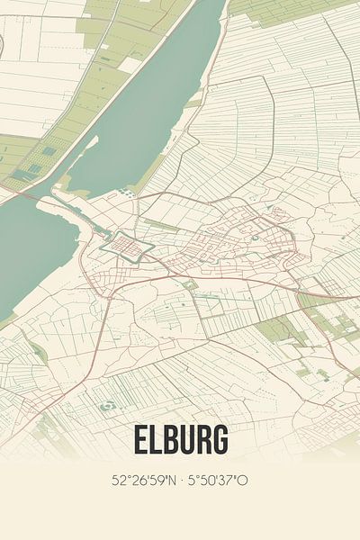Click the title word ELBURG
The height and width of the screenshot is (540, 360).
tap(180, 439)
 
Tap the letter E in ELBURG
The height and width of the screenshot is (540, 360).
tap(140, 439)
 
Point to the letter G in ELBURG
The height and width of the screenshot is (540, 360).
tap(219, 439)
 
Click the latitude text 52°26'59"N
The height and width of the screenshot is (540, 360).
tap(144, 480)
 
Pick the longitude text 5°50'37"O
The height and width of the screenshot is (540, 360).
tap(217, 480)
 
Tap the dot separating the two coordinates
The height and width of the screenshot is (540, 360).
tap(180, 480)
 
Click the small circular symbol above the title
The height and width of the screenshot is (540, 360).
tap(107, 406)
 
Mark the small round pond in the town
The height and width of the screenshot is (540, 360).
tap(255, 238)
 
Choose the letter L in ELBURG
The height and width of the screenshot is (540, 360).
tap(156, 439)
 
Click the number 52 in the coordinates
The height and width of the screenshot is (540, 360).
tap(118, 480)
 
